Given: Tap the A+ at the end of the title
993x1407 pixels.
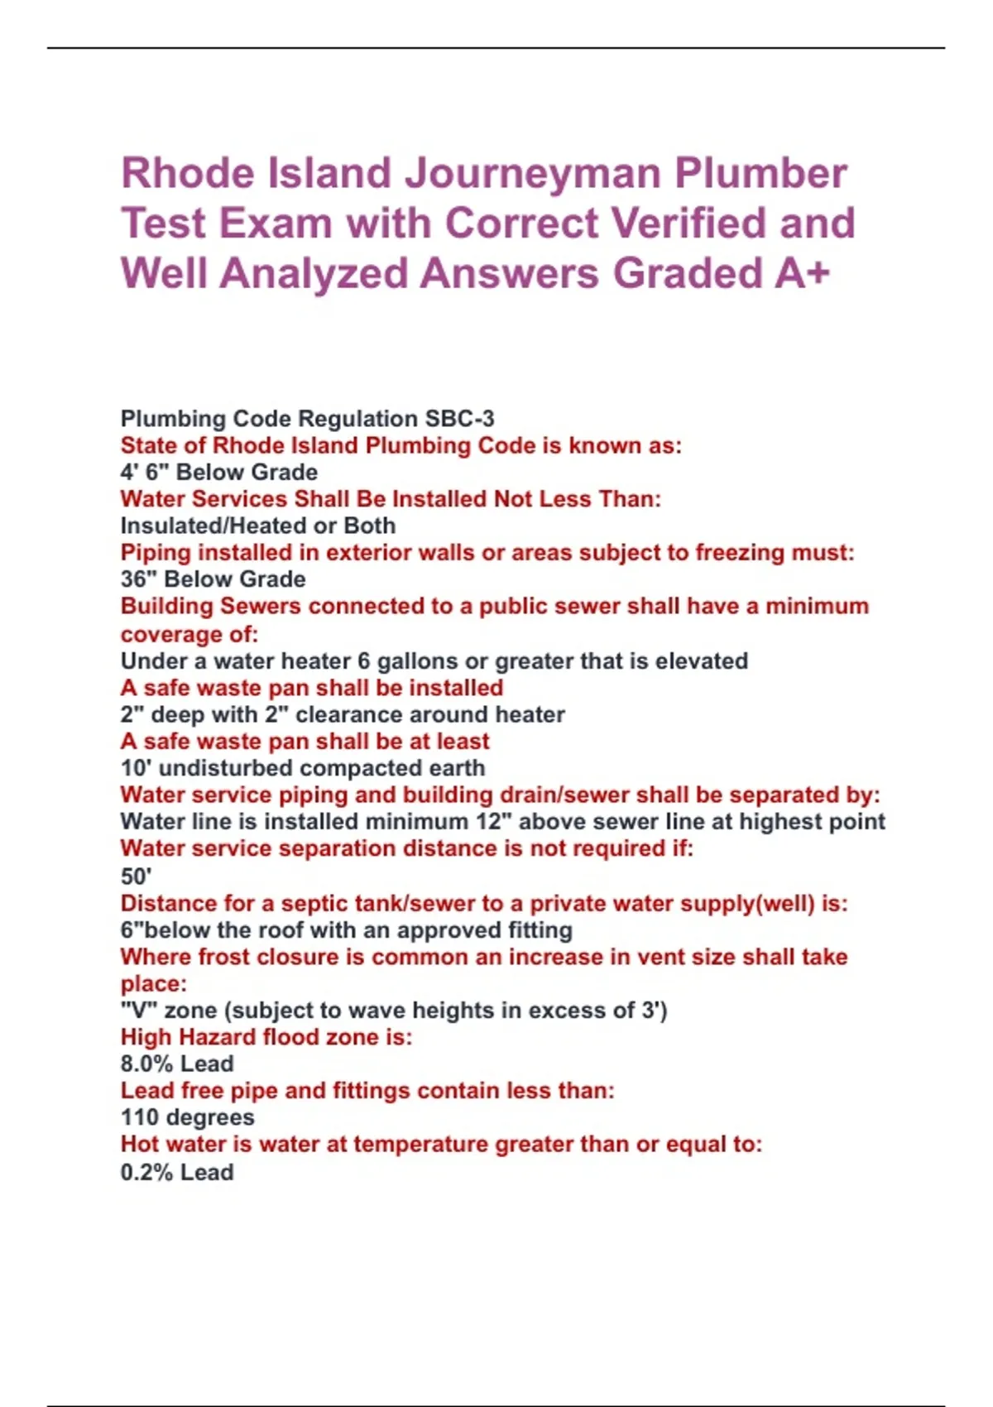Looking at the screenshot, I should [802, 273].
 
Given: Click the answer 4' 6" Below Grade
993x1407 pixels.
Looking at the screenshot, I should [219, 472].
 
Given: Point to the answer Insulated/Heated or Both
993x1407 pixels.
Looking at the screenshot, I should [258, 526].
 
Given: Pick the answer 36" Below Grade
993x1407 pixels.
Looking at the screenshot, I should [213, 579].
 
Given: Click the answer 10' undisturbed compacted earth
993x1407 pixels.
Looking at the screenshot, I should [303, 768].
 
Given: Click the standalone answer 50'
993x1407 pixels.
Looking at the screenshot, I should [137, 876].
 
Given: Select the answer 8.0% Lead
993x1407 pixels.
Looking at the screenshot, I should [177, 1064].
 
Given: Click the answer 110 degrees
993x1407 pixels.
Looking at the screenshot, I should [188, 1117].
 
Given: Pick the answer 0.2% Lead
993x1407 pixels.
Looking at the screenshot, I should [177, 1172].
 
